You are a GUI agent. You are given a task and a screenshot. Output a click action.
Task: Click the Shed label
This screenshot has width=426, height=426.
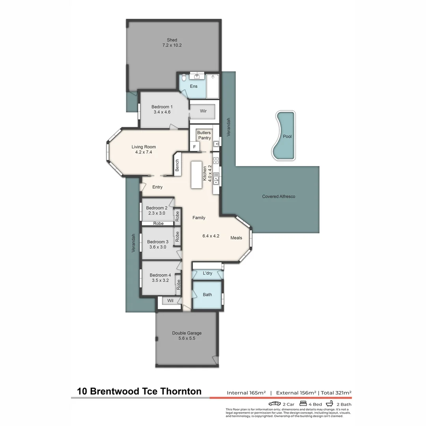(x=172, y=40)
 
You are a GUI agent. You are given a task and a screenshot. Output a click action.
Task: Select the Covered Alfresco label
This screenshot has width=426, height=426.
(x=278, y=196)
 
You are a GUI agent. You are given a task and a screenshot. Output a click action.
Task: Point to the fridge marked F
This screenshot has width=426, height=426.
(x=194, y=146)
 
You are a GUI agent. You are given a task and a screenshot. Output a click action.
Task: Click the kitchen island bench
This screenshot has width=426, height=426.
(x=196, y=175)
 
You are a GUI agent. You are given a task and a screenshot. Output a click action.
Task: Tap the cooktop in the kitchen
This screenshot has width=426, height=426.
(x=216, y=160)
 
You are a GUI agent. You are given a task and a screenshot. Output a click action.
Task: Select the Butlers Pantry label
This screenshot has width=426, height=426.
(x=204, y=135)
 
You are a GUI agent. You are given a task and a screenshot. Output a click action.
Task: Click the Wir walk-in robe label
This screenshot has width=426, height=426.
(x=203, y=111)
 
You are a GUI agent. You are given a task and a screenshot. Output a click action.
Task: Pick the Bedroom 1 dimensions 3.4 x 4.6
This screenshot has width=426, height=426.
(x=162, y=112)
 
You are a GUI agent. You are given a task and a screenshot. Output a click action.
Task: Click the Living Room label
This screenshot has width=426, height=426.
(x=144, y=147)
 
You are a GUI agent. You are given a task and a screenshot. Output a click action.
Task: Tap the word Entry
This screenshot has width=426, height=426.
(x=157, y=187)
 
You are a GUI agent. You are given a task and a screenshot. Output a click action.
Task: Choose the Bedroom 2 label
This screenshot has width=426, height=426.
(x=157, y=208)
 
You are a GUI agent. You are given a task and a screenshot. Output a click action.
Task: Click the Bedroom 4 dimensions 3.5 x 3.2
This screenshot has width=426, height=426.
(x=160, y=280)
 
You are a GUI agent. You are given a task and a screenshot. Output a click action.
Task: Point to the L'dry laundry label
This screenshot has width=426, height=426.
(x=207, y=273)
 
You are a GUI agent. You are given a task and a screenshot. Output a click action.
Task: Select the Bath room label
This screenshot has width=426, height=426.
(x=207, y=295)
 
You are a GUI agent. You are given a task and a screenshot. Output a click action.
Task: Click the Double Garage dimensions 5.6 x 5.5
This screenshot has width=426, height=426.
(x=187, y=338)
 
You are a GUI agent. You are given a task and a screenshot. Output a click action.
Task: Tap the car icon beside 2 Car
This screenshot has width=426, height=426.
(x=275, y=404)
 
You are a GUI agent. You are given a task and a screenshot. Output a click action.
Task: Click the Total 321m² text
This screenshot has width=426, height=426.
(x=336, y=392)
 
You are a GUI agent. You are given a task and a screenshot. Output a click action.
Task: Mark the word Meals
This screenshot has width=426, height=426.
(x=236, y=238)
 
